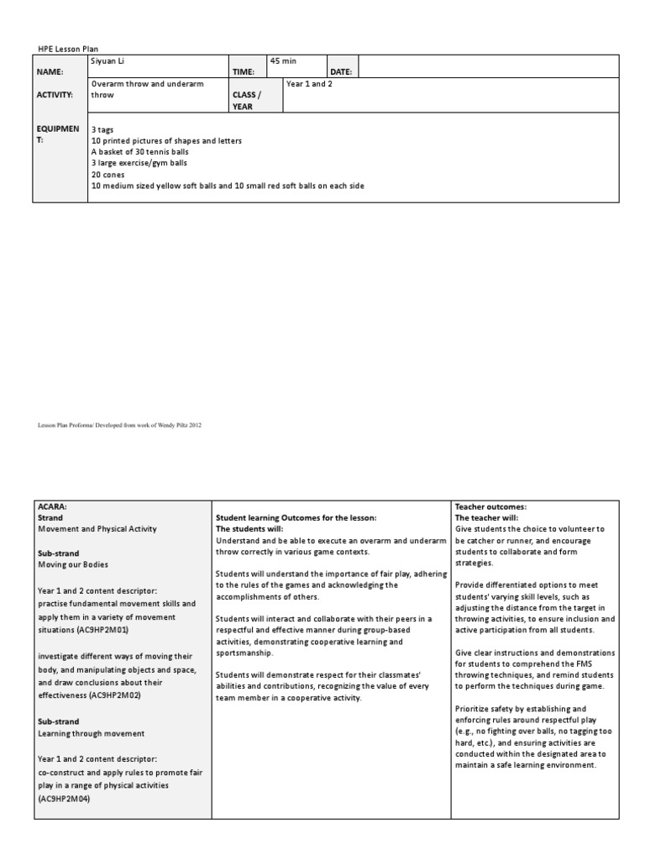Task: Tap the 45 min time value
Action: (284, 61)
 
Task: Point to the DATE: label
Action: (341, 73)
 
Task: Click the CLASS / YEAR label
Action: (246, 101)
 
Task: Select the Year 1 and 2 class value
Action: (309, 84)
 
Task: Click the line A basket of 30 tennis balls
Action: (139, 152)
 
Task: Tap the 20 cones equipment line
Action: (107, 174)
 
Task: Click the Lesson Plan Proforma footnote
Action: (119, 426)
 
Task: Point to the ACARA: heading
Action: (52, 506)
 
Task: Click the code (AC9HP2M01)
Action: (83, 629)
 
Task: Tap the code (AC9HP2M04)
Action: (64, 799)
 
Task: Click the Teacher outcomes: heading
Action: (490, 506)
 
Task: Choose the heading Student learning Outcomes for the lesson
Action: (296, 517)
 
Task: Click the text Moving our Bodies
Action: (74, 565)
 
